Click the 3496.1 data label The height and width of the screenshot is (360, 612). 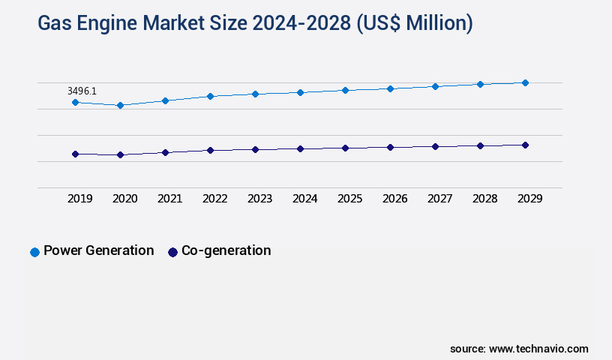[x=82, y=91]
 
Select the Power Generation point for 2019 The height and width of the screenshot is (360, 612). [x=75, y=102]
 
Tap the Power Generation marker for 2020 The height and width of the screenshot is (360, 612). [x=120, y=106]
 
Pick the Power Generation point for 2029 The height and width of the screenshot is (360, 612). [x=525, y=82]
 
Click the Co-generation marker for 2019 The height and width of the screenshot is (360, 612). [x=75, y=154]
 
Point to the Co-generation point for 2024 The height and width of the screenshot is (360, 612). [x=300, y=148]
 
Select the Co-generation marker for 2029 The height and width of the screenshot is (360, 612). [x=525, y=145]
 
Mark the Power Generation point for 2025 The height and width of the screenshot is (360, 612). [x=345, y=90]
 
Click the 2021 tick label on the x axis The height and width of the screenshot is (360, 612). [x=169, y=199]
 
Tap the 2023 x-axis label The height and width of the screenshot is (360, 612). [x=259, y=199]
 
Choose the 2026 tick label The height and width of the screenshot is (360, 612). [x=394, y=199]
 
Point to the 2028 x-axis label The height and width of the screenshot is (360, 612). [x=484, y=199]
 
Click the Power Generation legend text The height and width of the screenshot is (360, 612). [x=98, y=250]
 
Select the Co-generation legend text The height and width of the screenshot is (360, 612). [x=226, y=250]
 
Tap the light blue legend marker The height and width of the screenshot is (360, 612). [x=34, y=252]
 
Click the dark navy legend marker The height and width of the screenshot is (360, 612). [x=172, y=252]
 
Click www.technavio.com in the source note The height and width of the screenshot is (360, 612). [x=538, y=349]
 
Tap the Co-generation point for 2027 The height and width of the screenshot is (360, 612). [x=435, y=146]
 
